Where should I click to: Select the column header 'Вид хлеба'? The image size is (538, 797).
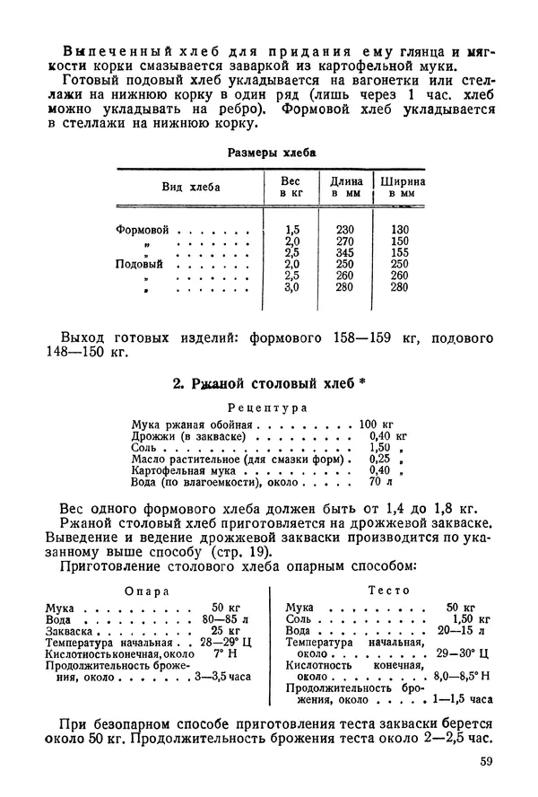pos(190,187)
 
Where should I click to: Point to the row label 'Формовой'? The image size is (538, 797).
pos(142,230)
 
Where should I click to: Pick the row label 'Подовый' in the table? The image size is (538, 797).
pos(139,264)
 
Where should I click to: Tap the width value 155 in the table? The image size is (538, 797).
pos(399,253)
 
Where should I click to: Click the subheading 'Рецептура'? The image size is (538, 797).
pos(267,407)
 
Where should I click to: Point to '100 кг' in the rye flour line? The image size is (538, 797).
pos(376,423)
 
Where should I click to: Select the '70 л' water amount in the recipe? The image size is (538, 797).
pos(380,482)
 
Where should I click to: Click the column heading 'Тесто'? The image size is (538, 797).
pos(389,591)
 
